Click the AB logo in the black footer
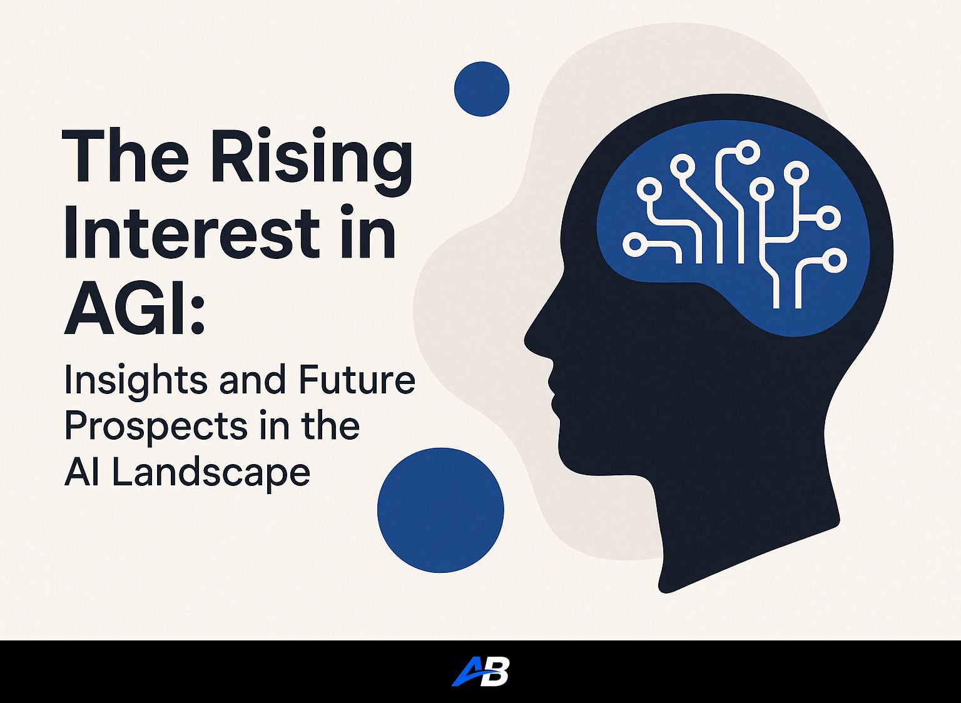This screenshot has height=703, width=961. coord(480,672)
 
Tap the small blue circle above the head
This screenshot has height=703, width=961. coord(481,89)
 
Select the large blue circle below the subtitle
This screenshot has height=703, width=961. coord(440,510)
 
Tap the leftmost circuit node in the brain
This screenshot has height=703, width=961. coord(635,244)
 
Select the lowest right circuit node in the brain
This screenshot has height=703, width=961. coord(834,261)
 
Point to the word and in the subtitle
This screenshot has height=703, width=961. coord(252,380)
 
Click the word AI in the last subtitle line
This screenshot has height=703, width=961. coord(79,473)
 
